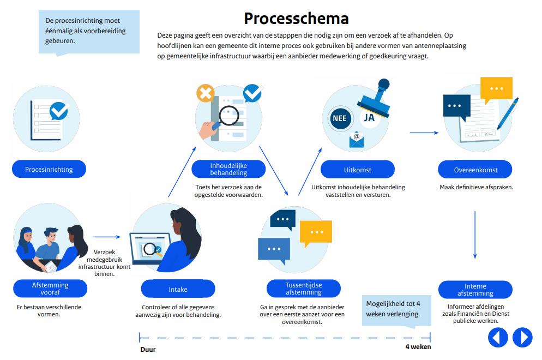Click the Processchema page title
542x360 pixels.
(x=296, y=19)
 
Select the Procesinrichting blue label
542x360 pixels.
(x=49, y=169)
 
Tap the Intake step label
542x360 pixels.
(x=178, y=289)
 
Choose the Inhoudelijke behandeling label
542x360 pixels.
(x=228, y=169)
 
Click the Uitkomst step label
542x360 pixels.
(x=357, y=170)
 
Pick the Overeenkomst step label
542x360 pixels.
(x=475, y=170)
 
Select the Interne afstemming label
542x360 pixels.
(x=475, y=290)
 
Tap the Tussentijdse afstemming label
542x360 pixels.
(x=303, y=289)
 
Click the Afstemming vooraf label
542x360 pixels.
(x=50, y=289)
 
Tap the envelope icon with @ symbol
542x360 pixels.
(x=357, y=140)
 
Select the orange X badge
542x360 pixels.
(x=205, y=94)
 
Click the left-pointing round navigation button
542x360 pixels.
(x=497, y=338)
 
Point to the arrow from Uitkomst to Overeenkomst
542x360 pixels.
(x=424, y=133)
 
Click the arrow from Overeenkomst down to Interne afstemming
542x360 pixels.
(x=475, y=235)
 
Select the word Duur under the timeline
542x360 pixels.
(x=148, y=350)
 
